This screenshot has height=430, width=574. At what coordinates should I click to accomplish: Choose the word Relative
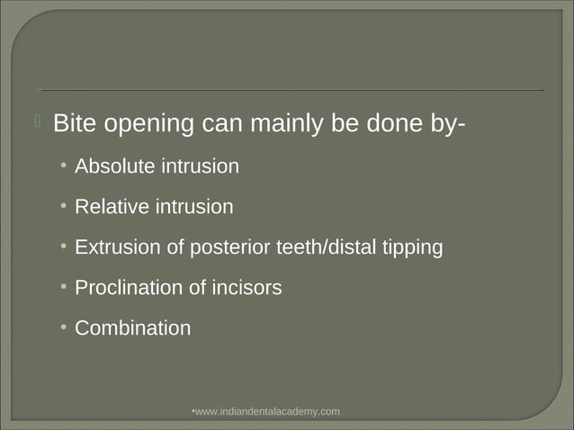pos(112,207)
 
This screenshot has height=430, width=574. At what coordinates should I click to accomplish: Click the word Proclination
pos(129,288)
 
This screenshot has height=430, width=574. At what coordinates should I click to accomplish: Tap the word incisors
pos(247,288)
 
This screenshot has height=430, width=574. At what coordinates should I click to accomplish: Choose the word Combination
pos(132,328)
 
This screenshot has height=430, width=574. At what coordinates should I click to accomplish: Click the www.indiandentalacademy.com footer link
pos(267,411)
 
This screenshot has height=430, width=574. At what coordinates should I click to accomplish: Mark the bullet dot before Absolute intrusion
pos(64,166)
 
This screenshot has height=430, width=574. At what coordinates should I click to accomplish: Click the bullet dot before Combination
pos(64,328)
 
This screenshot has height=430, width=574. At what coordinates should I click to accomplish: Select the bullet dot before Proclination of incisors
pos(64,288)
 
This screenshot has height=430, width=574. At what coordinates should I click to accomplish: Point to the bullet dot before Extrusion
pos(64,247)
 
